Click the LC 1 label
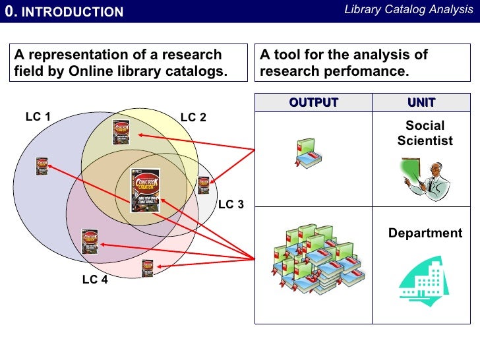(x=38, y=117)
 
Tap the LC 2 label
(x=193, y=118)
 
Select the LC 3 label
(x=231, y=204)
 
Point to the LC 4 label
(x=95, y=280)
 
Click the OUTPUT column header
(x=313, y=102)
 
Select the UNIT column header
(x=421, y=102)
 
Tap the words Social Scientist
(x=425, y=133)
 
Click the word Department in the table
(x=425, y=233)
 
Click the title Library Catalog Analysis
(x=409, y=10)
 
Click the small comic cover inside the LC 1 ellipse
(x=42, y=165)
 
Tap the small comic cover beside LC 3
(x=204, y=185)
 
